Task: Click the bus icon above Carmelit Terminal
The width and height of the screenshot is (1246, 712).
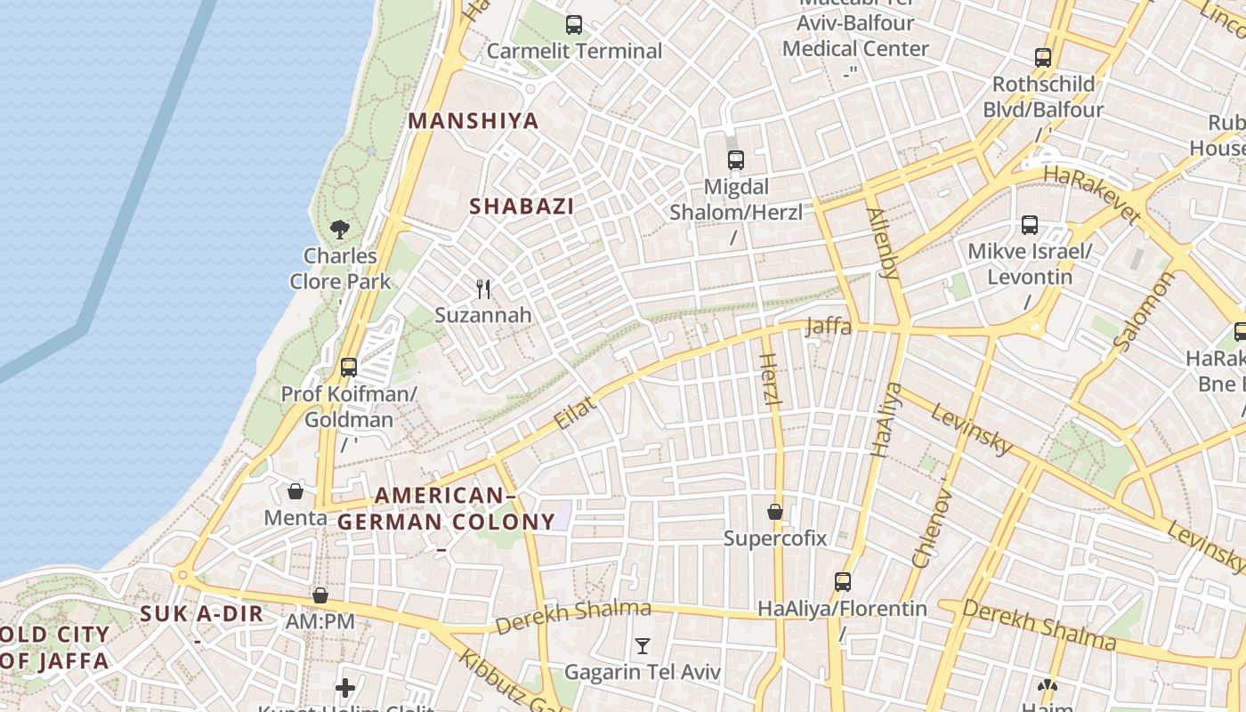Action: pos(574,25)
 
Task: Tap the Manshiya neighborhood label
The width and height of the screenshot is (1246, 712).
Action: pos(473,121)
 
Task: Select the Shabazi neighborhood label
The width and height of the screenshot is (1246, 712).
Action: pos(522,206)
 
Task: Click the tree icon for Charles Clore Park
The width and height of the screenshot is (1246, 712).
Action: pos(339,230)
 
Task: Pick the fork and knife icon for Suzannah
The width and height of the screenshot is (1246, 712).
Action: pos(483,288)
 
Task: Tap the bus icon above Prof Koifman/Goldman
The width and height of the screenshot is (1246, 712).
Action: pos(349,367)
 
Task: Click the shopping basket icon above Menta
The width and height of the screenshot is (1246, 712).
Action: pos(295,491)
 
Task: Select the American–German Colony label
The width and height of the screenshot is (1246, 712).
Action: pos(446,509)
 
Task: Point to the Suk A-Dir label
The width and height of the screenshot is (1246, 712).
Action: pos(202,613)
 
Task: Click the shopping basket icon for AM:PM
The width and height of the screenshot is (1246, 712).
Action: pos(320,595)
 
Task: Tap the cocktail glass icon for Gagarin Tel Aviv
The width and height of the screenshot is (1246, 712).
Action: pos(643,645)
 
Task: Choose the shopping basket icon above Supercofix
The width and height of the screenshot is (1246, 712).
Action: pos(775,512)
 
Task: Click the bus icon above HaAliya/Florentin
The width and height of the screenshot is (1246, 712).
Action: pos(843,582)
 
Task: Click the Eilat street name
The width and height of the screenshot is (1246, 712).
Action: pos(575,414)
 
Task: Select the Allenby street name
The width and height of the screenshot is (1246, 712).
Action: pos(883,242)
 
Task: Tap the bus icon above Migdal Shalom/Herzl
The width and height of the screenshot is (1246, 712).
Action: pos(736,160)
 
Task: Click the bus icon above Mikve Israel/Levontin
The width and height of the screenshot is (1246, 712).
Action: pos(1030,224)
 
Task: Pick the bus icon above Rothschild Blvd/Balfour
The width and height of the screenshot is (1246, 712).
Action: pos(1043,58)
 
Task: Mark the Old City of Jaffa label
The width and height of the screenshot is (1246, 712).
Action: pos(55,648)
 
